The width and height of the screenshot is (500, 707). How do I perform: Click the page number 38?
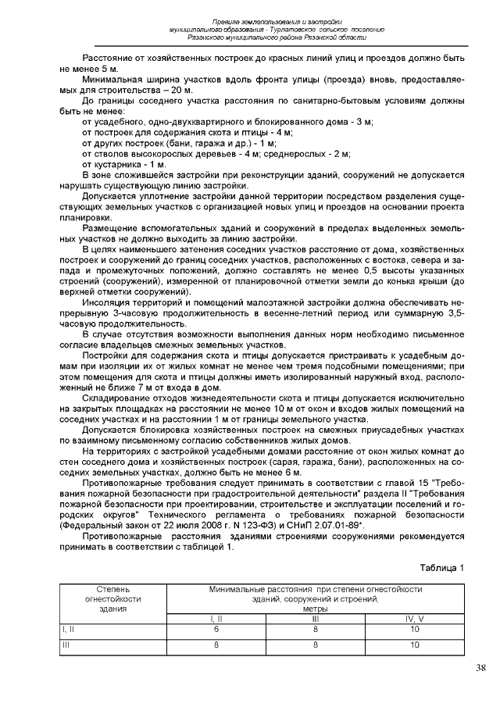point(480,668)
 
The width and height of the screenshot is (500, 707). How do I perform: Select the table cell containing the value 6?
point(216,627)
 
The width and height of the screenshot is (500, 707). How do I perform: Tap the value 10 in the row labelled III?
point(415,645)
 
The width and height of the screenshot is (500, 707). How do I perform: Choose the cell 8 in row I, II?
point(316,627)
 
